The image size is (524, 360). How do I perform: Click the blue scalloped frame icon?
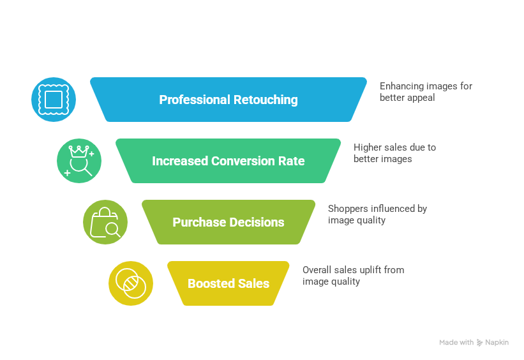point(54,100)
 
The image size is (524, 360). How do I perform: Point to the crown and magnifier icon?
point(79,161)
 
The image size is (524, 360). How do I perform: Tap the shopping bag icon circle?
point(105,222)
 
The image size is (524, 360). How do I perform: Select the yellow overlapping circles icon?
point(130,283)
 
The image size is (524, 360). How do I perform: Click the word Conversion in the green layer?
point(243,161)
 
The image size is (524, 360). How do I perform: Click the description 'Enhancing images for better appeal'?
point(426,92)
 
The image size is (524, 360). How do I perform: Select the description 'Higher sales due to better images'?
point(394,153)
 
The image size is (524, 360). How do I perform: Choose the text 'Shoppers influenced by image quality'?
point(377,214)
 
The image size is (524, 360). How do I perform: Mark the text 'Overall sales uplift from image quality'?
point(352,276)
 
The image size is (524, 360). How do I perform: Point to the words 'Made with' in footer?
point(456,343)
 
